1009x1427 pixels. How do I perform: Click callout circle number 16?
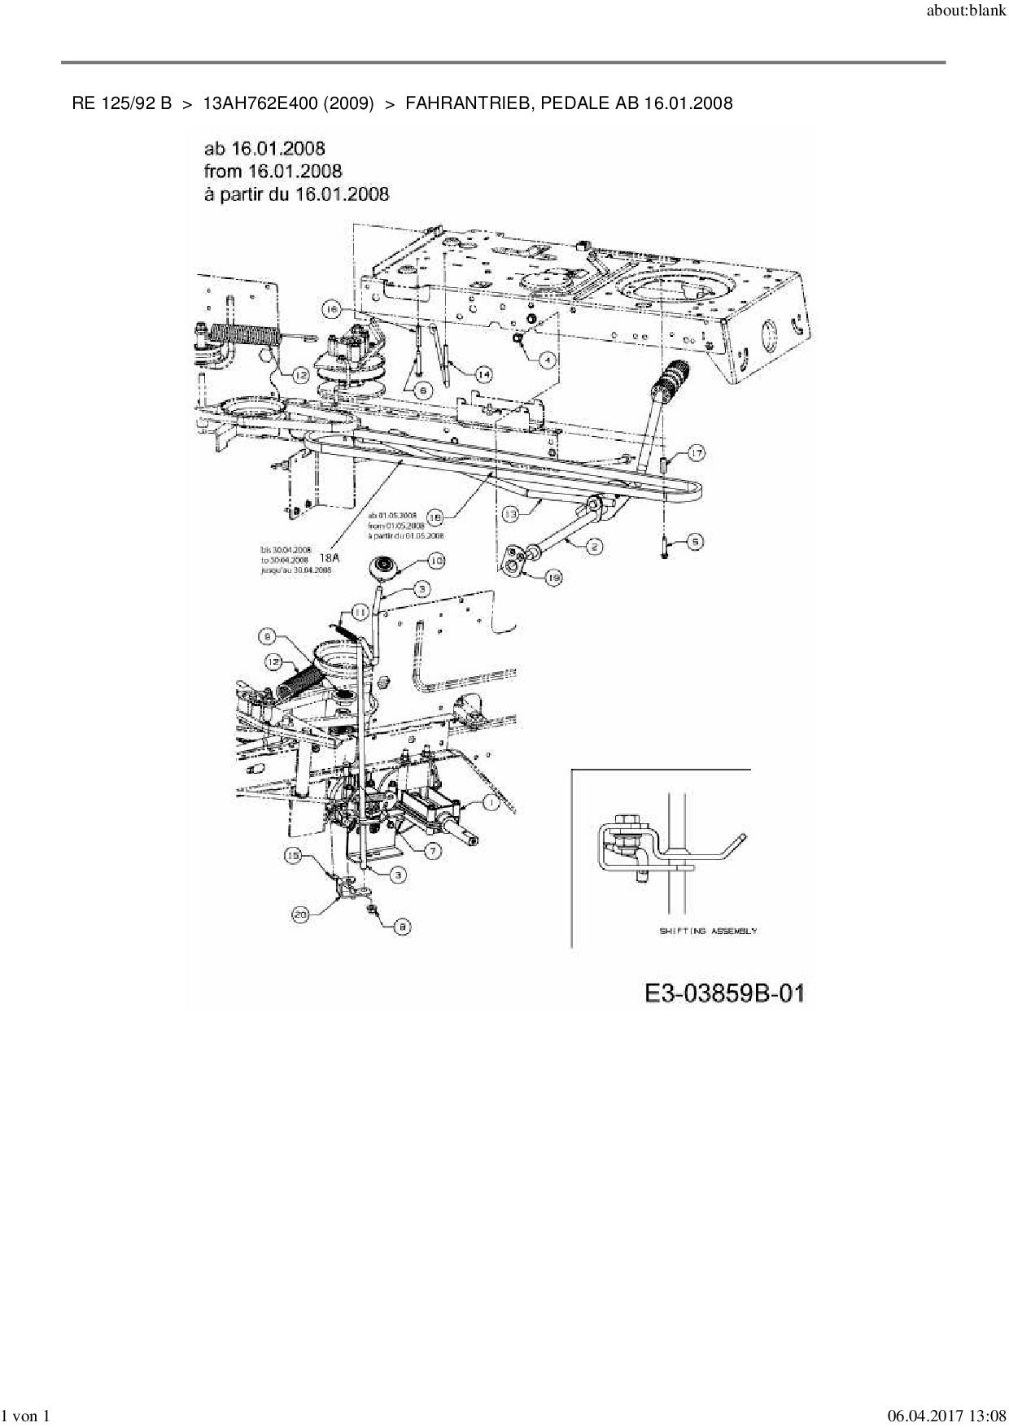coord(330,309)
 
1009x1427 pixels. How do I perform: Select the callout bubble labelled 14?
coord(483,373)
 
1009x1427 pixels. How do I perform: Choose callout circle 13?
coord(510,514)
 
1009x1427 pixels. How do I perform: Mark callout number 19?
coord(553,577)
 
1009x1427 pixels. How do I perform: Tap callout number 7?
coord(432,850)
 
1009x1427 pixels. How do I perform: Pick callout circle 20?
coord(302,914)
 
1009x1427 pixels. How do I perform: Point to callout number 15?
coord(294,855)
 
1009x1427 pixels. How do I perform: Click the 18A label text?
coord(330,558)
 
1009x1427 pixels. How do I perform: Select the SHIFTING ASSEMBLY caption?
coord(707,931)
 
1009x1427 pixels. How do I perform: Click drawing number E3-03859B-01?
coord(723,993)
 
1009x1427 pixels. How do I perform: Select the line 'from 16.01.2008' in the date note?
coord(273,171)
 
